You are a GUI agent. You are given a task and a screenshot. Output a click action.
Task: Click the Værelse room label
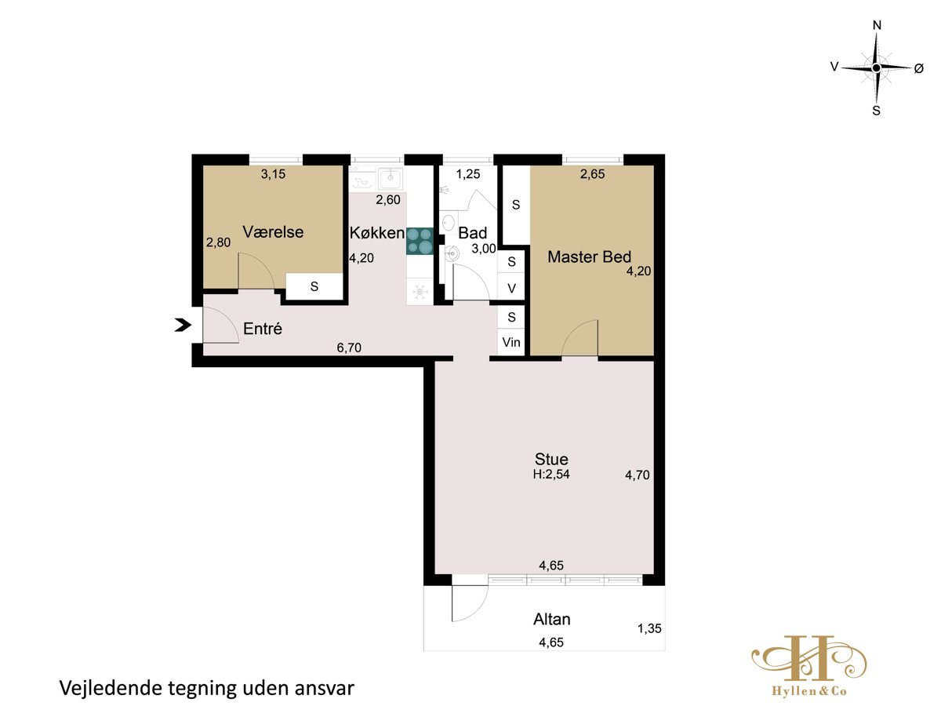click(273, 232)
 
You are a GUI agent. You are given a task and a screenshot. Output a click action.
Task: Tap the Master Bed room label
click(589, 257)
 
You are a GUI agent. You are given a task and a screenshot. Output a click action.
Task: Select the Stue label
click(551, 459)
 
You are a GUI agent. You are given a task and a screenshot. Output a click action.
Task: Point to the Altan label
click(552, 620)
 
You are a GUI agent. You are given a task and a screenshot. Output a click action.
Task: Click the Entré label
click(263, 329)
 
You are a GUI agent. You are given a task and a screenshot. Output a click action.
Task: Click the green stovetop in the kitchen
click(420, 241)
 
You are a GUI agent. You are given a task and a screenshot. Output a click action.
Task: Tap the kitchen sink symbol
click(390, 177)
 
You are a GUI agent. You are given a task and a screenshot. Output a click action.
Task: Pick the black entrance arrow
click(183, 325)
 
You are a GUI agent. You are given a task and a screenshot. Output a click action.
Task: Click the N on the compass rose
click(877, 26)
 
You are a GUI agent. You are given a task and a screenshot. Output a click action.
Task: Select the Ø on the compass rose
click(918, 68)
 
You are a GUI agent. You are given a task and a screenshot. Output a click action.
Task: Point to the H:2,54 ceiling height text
click(551, 474)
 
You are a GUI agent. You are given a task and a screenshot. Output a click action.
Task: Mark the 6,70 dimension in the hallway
click(349, 348)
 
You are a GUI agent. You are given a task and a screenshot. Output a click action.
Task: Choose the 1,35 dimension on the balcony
click(649, 628)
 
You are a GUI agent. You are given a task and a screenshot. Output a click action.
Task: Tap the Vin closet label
click(511, 342)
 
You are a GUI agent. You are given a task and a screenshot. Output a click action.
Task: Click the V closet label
click(511, 289)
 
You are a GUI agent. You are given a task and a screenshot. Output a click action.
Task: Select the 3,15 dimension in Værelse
click(273, 174)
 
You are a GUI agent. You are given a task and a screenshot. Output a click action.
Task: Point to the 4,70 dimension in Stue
click(638, 475)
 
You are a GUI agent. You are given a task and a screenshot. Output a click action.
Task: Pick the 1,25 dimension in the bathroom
click(468, 174)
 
